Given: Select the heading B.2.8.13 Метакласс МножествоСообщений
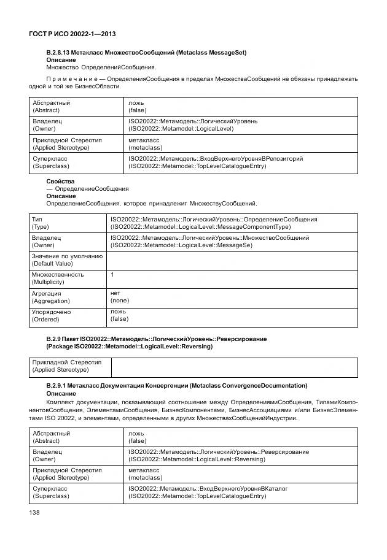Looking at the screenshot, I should click(146, 53).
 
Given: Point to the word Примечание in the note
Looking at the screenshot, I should click(72, 79).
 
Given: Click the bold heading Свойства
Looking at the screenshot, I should click(60, 182).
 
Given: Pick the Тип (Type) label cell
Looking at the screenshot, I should click(68, 223).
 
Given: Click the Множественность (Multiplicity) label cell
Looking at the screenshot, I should click(68, 278).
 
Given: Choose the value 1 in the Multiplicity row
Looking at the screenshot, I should click(112, 275).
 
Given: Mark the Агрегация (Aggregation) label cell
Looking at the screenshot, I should click(68, 297).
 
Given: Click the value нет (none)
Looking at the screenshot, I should click(120, 297).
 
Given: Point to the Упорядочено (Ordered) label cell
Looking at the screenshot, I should click(68, 316).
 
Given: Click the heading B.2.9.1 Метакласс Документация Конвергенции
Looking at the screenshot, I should click(176, 385).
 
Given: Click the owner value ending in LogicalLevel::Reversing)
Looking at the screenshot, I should click(197, 459).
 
